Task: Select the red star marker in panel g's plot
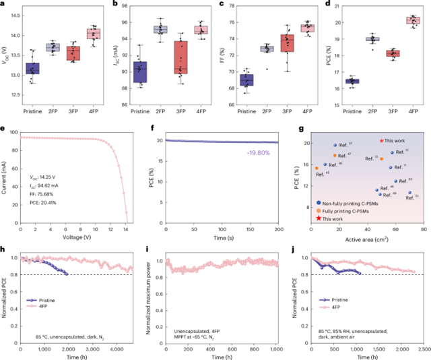click(381, 141)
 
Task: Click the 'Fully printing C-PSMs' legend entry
click(350, 210)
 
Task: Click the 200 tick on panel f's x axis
click(275, 228)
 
